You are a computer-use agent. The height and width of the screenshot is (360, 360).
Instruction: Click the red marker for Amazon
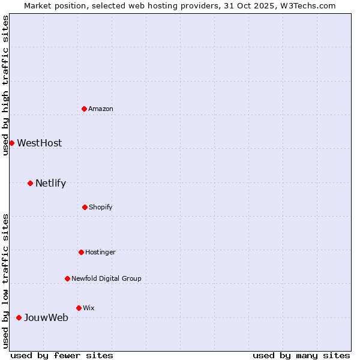coord(85,109)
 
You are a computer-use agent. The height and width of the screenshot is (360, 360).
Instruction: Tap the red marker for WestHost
coord(11,143)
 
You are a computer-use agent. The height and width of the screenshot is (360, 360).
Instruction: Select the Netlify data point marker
coord(30,183)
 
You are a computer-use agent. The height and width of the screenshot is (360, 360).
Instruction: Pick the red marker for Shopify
coord(85,207)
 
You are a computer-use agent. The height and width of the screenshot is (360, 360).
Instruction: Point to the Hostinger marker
coord(81,252)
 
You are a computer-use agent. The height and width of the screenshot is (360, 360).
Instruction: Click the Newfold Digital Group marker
coord(67,278)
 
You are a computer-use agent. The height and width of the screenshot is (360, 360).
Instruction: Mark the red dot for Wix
coord(79,308)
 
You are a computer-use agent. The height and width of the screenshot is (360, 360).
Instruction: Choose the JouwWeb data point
coord(19,317)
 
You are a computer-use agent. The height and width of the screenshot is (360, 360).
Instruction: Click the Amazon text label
coord(101,109)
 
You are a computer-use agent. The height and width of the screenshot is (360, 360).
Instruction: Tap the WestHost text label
coord(39,143)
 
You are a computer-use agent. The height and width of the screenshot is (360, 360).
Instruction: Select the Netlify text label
coord(50,183)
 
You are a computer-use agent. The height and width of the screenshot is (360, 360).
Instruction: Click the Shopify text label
coord(101,207)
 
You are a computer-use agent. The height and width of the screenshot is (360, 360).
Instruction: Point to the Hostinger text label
coord(100,252)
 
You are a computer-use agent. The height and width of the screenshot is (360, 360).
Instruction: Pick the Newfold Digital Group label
coord(106,278)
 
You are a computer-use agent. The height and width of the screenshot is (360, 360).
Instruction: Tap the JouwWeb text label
coord(46,317)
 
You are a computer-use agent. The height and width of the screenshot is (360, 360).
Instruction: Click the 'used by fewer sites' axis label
coord(62,355)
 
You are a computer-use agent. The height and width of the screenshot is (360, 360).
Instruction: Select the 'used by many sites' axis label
coord(301,355)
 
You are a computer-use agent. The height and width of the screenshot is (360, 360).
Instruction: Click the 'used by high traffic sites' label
coord(5,85)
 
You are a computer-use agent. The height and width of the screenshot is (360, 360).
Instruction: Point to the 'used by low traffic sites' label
coord(5,280)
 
